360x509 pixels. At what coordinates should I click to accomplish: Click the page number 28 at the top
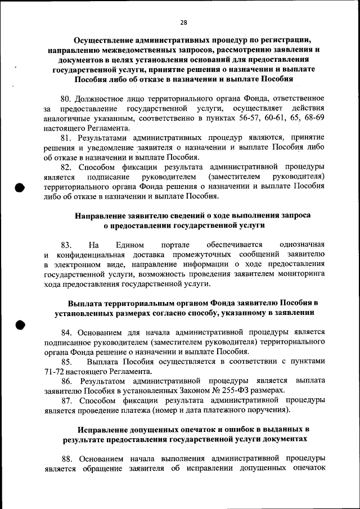[x=183, y=22]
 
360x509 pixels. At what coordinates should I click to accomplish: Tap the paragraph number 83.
[x=66, y=245]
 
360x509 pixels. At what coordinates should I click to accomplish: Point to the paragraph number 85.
[x=66, y=361]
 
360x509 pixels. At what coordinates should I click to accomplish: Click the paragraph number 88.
[x=66, y=458]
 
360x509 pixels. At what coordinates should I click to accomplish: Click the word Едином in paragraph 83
[x=130, y=245]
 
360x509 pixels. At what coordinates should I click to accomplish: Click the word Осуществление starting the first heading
[x=109, y=40]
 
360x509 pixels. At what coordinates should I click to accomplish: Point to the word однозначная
[x=301, y=245]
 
